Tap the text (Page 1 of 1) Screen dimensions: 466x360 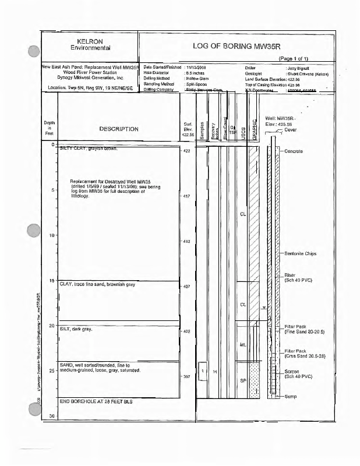tap(297, 59)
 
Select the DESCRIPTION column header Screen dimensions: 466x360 tap(118, 129)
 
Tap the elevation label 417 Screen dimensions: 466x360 tap(187, 196)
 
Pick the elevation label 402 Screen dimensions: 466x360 tap(187, 331)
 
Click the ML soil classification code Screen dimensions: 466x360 tap(243, 345)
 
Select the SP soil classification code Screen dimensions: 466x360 tap(243, 380)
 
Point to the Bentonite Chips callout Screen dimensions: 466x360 tap(301, 254)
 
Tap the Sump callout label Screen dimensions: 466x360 tap(291, 397)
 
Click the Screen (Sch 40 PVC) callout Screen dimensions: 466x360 tap(297, 375)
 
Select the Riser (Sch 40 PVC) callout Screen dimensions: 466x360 tap(297, 277)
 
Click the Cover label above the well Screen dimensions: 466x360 tap(291, 130)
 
